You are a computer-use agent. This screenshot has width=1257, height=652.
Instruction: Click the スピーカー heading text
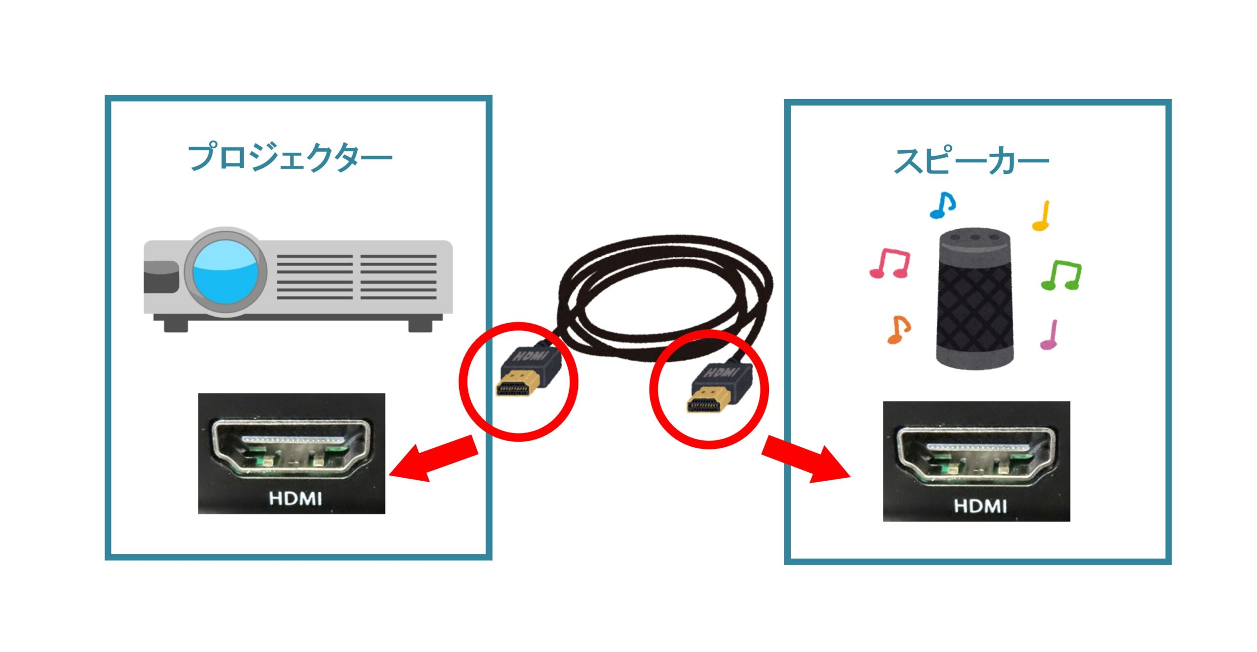(971, 161)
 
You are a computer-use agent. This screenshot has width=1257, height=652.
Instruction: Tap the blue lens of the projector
(225, 272)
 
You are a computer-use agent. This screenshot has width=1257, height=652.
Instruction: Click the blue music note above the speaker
(942, 205)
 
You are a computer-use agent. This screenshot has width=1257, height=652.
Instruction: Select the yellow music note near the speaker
(1041, 216)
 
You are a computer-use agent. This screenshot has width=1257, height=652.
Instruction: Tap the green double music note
(1062, 275)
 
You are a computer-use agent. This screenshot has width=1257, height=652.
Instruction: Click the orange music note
(899, 329)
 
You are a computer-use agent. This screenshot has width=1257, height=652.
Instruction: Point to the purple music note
(1049, 335)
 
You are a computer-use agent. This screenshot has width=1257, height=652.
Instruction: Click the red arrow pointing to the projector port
(435, 459)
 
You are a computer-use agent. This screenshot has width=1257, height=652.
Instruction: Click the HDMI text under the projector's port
(296, 499)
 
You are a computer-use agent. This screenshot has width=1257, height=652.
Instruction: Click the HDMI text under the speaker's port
(980, 506)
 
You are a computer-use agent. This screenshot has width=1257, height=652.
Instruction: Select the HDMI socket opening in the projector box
(291, 447)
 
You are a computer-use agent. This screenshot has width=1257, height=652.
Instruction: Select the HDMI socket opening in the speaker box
(976, 454)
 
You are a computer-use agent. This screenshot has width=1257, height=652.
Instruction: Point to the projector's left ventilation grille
(315, 277)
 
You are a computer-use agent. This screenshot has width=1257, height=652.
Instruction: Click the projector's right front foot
(420, 325)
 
